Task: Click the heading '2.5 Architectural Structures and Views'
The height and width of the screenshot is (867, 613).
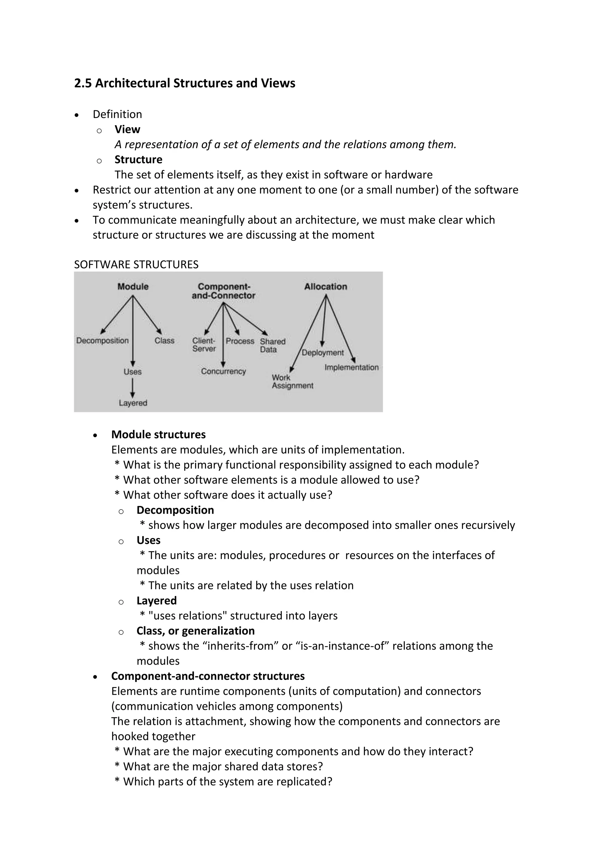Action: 185,83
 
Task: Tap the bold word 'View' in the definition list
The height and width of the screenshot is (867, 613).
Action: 127,130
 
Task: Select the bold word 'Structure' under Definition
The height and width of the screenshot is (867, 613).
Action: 138,160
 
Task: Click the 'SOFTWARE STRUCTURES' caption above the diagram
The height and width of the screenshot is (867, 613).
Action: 136,264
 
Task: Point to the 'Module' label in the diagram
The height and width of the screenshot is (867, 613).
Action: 133,287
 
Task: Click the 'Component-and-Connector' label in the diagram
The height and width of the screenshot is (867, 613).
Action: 224,291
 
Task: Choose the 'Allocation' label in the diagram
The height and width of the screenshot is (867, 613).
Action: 325,287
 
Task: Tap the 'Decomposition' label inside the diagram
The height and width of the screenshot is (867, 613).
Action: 102,341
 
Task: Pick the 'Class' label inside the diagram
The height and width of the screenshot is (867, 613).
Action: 164,341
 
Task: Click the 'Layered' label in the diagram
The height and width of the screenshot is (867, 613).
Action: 133,403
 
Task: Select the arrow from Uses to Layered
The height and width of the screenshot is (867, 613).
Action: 133,387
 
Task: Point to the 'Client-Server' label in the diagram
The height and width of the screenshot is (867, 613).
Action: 204,345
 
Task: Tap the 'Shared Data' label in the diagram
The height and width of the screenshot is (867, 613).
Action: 273,345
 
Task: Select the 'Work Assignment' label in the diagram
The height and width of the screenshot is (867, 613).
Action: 292,382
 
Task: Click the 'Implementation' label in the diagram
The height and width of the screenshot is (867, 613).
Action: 351,367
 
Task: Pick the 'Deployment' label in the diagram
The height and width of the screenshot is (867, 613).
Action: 323,353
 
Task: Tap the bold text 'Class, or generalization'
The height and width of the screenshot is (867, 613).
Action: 195,631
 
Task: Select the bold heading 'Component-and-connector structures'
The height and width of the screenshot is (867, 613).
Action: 208,676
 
